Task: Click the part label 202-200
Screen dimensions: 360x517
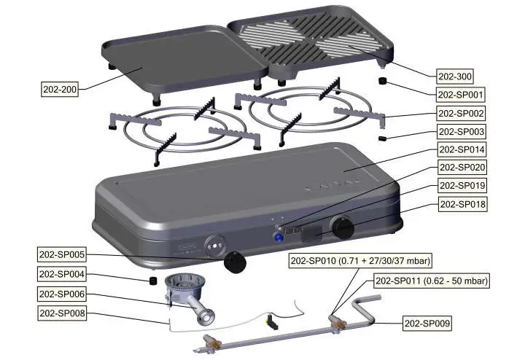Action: click(x=60, y=89)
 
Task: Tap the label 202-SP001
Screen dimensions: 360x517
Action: click(x=461, y=95)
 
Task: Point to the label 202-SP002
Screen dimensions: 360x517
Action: click(x=461, y=114)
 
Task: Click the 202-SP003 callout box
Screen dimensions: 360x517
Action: click(x=461, y=132)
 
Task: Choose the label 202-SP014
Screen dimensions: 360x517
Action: click(x=461, y=149)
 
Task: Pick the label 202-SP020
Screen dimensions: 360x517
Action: click(x=461, y=168)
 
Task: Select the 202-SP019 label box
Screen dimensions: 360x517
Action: click(x=461, y=186)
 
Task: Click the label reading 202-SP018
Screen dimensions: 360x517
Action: click(x=461, y=205)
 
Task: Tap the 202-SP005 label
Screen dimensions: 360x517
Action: click(x=62, y=255)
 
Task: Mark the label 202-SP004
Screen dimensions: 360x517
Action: click(x=62, y=274)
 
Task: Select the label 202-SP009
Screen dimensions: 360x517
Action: click(x=429, y=322)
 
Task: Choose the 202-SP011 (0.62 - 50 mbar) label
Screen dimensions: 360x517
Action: click(x=431, y=281)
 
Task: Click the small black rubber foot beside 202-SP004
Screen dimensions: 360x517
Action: click(x=153, y=280)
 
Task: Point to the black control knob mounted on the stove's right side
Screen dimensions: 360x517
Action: click(x=342, y=227)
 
